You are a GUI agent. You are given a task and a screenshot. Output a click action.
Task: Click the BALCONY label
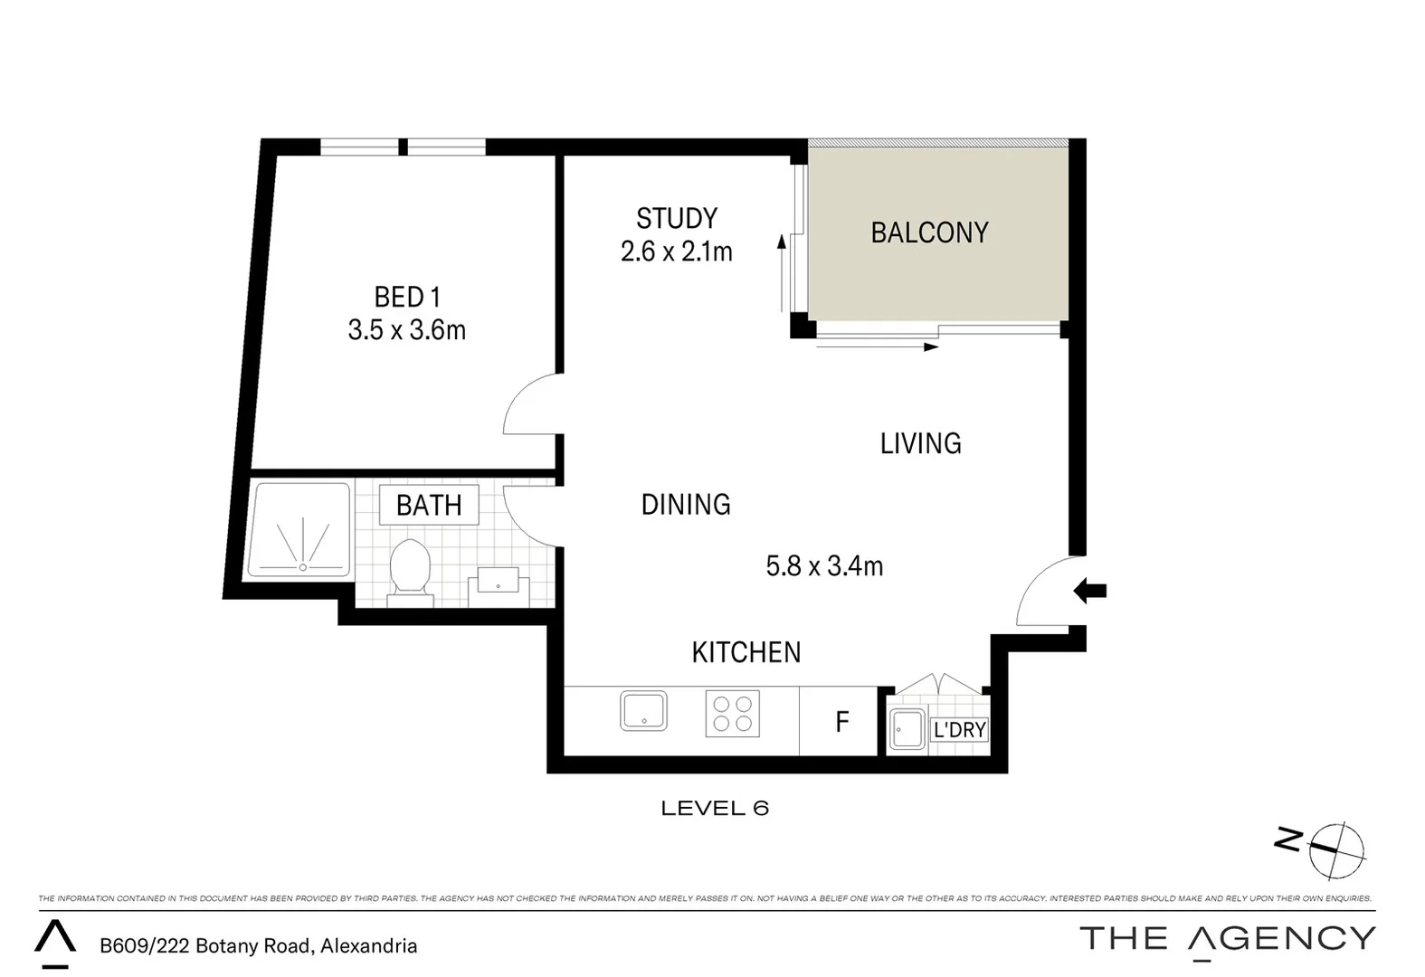[929, 232]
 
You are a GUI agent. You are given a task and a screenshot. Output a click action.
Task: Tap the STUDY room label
[676, 218]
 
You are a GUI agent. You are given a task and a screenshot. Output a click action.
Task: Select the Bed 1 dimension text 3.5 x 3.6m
[406, 330]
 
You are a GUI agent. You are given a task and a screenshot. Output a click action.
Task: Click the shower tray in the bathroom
[299, 531]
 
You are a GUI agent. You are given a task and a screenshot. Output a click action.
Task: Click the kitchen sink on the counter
[643, 711]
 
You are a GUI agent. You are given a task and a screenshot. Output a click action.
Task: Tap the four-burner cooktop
[732, 713]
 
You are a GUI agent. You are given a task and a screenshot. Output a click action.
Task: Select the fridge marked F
[841, 721]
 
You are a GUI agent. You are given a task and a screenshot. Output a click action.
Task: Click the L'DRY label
[959, 729]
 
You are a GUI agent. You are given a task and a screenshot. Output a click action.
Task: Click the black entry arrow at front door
[1090, 592]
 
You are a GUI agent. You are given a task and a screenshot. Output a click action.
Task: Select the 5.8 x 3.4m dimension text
[823, 566]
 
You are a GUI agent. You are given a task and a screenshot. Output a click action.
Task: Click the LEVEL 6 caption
[714, 808]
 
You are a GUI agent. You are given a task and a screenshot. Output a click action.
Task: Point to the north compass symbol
[1335, 850]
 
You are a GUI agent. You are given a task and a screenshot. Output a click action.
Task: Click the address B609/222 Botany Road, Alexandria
[258, 946]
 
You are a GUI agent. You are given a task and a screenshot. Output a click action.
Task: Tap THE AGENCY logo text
[1227, 939]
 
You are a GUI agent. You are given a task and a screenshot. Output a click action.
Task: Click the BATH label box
[428, 505]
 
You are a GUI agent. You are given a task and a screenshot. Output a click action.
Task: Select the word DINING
[685, 504]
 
